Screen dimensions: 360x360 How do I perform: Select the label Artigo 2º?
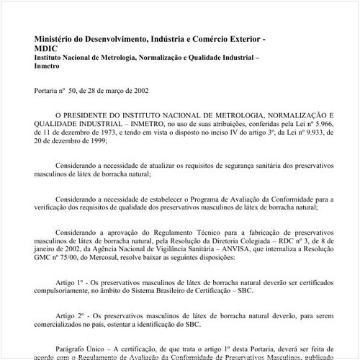(x=71, y=316)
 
